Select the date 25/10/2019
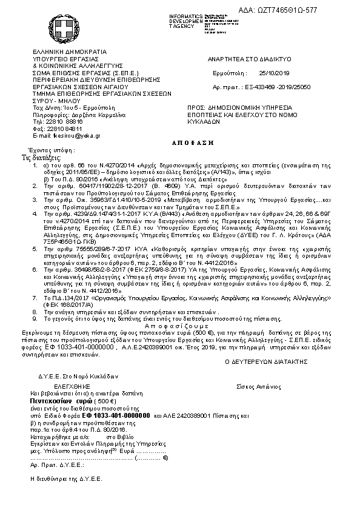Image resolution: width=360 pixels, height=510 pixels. tap(275, 72)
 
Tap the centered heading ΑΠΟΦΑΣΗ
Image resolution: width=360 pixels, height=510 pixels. tap(181, 138)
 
